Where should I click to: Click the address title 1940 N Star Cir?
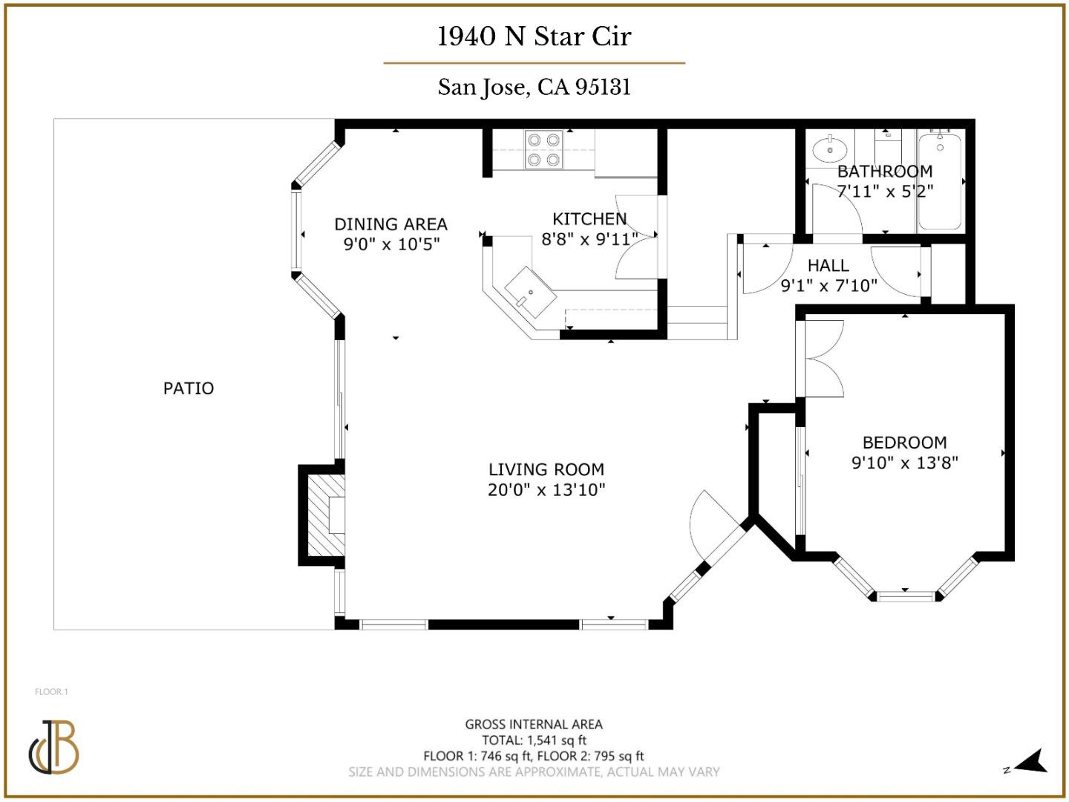coord(534,36)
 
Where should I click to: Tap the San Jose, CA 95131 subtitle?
coord(534,87)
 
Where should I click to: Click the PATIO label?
coord(189,388)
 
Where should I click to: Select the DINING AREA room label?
coord(390,224)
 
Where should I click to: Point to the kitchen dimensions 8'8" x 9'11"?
coord(589,239)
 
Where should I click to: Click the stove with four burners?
coord(543,149)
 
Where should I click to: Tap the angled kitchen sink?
coord(530,291)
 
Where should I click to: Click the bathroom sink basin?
coord(828,150)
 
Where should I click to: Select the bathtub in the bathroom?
coord(940,181)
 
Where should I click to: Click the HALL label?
coord(828,265)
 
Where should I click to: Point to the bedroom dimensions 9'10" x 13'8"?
coord(904,463)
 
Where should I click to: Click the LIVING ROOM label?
coord(546,469)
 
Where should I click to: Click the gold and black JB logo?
coord(54,746)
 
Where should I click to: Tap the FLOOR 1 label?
coord(51,691)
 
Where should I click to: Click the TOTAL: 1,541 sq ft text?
coord(534,740)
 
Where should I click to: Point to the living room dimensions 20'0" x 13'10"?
coord(546,490)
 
